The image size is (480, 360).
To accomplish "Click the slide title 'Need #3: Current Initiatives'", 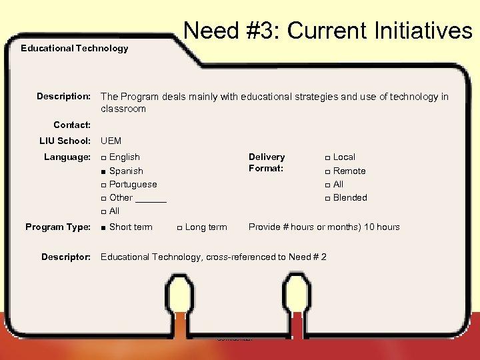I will pyautogui.click(x=327, y=30).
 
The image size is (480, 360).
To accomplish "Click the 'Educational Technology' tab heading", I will pyautogui.click(x=74, y=48).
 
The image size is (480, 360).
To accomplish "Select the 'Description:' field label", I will pyautogui.click(x=63, y=97).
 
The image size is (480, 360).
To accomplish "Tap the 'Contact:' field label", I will pyautogui.click(x=72, y=125).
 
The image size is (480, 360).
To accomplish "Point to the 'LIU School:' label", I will pyautogui.click(x=65, y=141).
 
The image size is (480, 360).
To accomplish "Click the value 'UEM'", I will pyautogui.click(x=111, y=141).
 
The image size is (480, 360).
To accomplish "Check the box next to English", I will pyautogui.click(x=103, y=158).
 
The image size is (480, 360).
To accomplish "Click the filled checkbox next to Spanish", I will pyautogui.click(x=103, y=171).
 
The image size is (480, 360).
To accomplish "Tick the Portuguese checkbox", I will pyautogui.click(x=103, y=185).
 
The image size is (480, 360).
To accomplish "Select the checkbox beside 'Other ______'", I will pyautogui.click(x=103, y=198).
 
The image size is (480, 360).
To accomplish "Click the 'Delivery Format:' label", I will pyautogui.click(x=266, y=163).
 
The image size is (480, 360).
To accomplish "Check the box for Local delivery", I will pyautogui.click(x=327, y=158).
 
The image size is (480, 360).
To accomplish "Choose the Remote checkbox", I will pyautogui.click(x=327, y=171).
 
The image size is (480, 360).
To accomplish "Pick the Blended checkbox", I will pyautogui.click(x=327, y=198).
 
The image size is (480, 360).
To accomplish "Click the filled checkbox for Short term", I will pyautogui.click(x=103, y=227).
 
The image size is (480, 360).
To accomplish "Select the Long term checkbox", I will pyautogui.click(x=179, y=228).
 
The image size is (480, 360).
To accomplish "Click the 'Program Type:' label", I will pyautogui.click(x=57, y=227).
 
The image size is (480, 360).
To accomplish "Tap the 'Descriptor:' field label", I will pyautogui.click(x=65, y=257).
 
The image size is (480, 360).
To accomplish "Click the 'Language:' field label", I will pyautogui.click(x=67, y=157).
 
